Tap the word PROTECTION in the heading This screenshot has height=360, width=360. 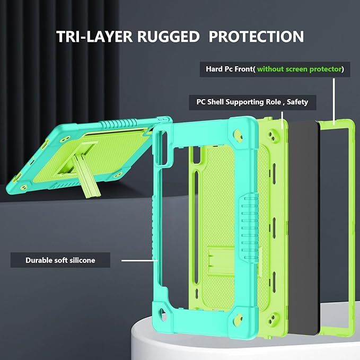tap(256, 37)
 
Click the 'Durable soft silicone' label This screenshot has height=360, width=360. tap(60, 260)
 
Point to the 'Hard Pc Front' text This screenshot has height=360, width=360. tap(230, 69)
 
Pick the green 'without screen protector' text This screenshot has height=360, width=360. tap(299, 69)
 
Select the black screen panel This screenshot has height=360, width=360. tap(302, 223)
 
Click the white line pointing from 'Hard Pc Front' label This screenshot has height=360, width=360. tap(335, 101)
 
